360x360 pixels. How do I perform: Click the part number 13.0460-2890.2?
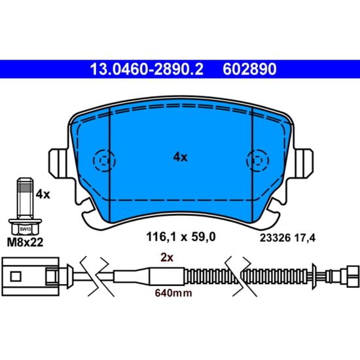click(x=147, y=69)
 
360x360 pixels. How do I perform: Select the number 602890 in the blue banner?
click(x=249, y=69)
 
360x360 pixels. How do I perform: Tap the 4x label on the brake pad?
click(x=180, y=157)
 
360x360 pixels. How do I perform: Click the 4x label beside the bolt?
click(x=43, y=194)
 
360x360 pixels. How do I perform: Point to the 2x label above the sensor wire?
click(x=167, y=258)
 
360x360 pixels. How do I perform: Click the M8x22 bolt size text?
click(x=25, y=242)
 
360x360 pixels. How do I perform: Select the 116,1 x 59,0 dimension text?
click(x=181, y=237)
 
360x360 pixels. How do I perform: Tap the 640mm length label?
click(x=173, y=293)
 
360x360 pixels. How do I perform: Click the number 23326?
click(x=275, y=238)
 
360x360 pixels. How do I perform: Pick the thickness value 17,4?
click(x=305, y=238)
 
